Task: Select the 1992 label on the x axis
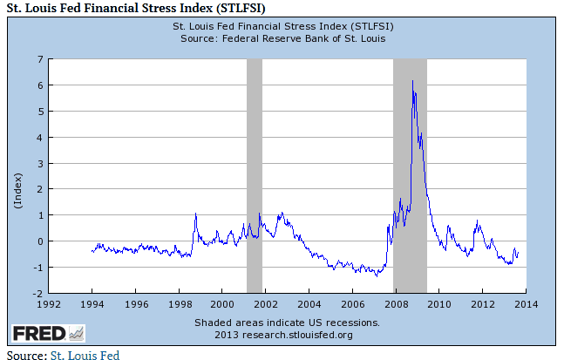click(49, 303)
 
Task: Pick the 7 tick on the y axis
click(40, 59)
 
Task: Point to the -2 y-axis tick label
click(37, 293)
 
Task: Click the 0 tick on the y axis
click(40, 241)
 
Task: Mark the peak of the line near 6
click(412, 80)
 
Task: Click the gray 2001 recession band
click(254, 174)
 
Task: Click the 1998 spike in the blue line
click(195, 214)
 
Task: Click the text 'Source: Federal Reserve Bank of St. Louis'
click(282, 38)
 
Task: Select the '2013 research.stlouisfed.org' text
click(282, 334)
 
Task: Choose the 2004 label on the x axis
click(308, 303)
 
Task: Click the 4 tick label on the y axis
click(40, 137)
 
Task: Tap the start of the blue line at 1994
click(92, 252)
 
